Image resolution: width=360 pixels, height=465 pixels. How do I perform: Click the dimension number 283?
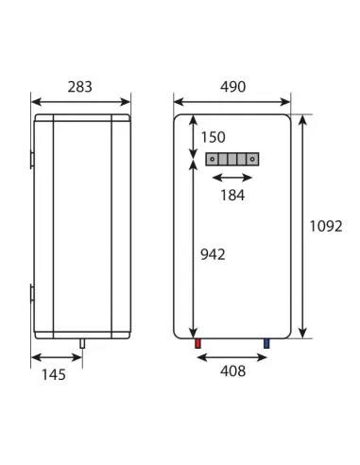pos(81,87)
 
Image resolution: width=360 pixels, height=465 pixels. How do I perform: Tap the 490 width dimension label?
pos(231,87)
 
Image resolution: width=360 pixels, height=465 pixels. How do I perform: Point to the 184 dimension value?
pos(231,196)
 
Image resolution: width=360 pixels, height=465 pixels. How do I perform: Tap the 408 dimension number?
pos(231,371)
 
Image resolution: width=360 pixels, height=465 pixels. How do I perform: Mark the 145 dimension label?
pos(54,375)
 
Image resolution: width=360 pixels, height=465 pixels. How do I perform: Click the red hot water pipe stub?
pos(197,344)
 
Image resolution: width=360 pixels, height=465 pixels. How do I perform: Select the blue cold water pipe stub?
pos(267,344)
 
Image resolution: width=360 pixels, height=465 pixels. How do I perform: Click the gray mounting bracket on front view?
pos(231,159)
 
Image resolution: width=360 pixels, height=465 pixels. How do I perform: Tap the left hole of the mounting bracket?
pos(214,159)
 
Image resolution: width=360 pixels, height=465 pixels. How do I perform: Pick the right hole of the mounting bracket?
pos(250,159)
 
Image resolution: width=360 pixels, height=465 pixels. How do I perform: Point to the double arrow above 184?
pos(231,178)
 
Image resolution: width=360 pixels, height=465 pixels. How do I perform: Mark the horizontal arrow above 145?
pos(57,356)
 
